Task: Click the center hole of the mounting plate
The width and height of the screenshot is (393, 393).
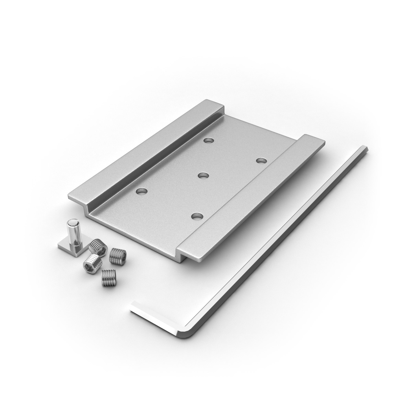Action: point(203,175)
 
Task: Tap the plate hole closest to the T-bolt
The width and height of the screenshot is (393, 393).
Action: point(141,191)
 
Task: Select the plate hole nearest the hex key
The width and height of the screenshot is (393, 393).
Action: point(261,160)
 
